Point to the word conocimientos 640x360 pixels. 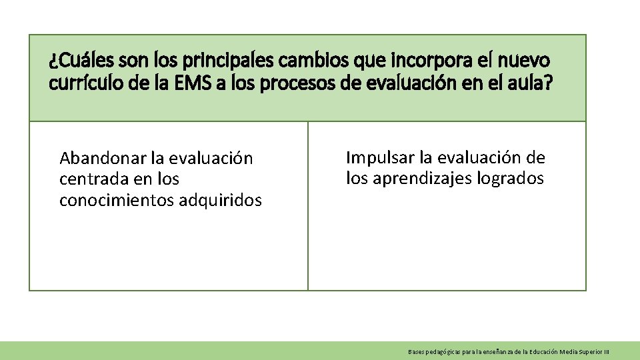click(117, 200)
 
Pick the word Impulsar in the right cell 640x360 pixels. click(379, 158)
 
